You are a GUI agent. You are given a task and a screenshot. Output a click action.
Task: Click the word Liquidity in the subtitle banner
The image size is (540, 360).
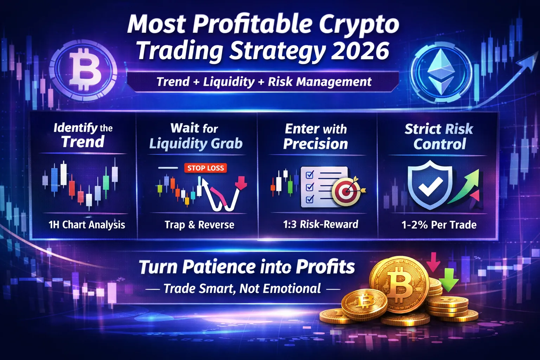[x=229, y=82]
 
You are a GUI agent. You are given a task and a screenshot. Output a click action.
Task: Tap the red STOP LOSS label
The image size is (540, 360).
[x=205, y=168]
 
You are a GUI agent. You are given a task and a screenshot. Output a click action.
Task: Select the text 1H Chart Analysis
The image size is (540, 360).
[x=86, y=225]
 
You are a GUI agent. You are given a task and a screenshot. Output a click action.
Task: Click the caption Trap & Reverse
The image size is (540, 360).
[x=199, y=225]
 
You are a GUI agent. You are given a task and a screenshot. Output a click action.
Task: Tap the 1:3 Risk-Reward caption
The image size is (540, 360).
[x=321, y=224]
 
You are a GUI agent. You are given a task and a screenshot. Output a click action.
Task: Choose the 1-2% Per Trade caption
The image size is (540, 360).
[x=439, y=225]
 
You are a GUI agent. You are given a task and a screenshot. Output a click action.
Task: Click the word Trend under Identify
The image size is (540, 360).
[x=83, y=142]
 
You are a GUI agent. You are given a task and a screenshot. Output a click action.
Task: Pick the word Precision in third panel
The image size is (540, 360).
[x=316, y=144]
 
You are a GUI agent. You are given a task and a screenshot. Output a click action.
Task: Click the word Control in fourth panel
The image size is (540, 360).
[x=439, y=144]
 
